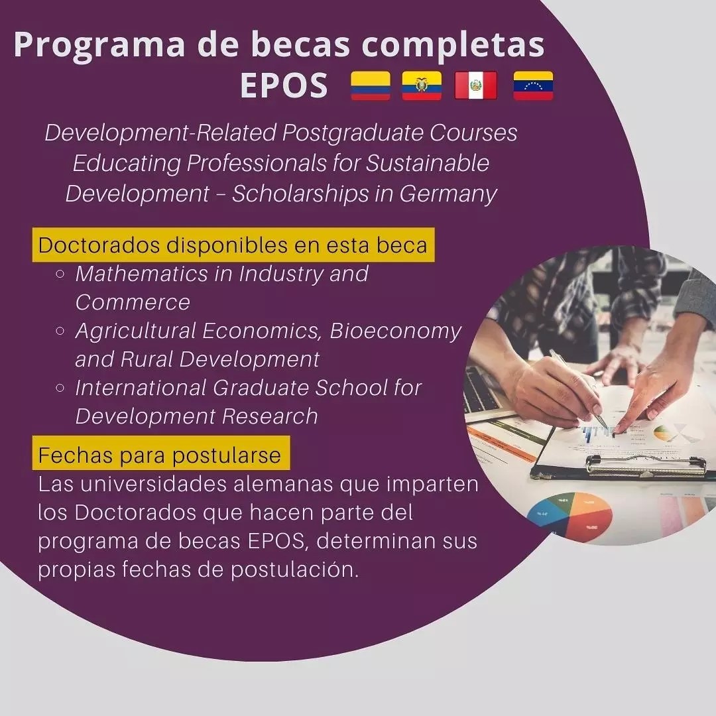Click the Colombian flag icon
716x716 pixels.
coord(371,86)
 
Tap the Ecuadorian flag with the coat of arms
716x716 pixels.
coord(422,86)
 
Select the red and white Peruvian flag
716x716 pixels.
coord(476,86)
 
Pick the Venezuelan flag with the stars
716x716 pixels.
coord(533,86)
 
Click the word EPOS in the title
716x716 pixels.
coord(284,86)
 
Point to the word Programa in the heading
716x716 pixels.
coord(99,45)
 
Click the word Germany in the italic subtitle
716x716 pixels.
coord(448,194)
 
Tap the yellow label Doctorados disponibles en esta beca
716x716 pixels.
coord(233,245)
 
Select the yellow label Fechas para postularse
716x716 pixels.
coord(160,453)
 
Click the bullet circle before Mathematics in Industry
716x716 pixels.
coord(60,274)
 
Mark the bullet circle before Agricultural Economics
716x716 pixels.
coord(60,331)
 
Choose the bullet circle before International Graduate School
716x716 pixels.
coord(60,388)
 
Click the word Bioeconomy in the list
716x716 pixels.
coord(395,331)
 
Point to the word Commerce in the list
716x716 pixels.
coord(133,302)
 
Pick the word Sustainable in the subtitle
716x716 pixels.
coord(428,163)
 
